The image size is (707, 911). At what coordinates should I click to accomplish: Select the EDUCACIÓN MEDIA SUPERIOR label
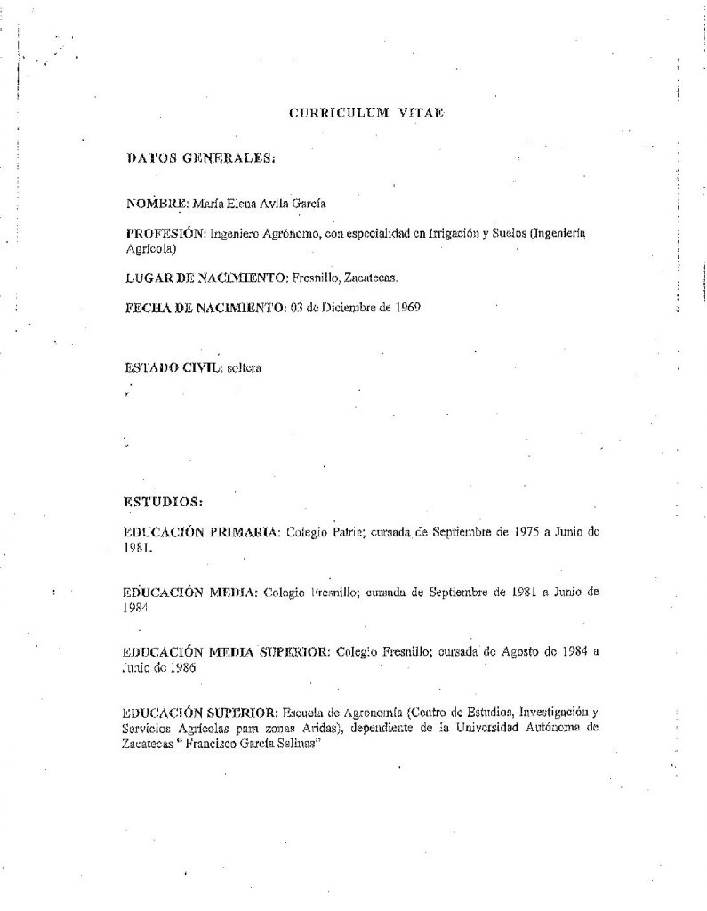(229, 651)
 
